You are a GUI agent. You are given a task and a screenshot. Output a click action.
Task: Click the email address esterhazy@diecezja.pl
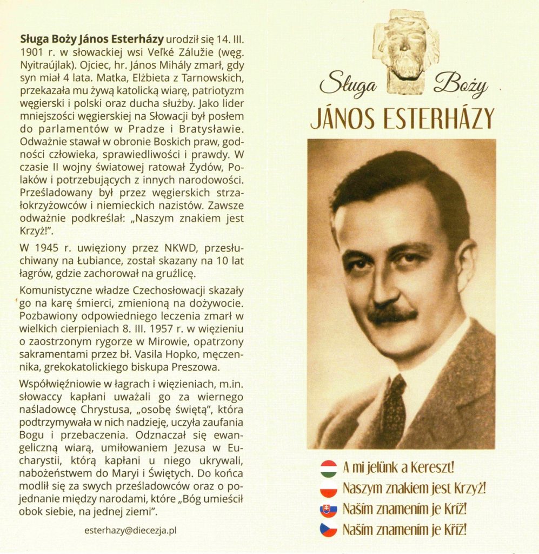[x=131, y=530]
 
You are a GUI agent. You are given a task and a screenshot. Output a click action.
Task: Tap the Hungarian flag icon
[x=329, y=468]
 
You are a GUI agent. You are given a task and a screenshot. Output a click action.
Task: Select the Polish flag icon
[x=329, y=489]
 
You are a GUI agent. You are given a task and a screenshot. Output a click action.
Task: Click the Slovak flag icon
[x=329, y=509]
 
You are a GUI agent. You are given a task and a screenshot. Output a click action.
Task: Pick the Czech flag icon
[x=329, y=530]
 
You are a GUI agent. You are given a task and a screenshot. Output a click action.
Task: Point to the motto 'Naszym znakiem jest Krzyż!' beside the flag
[x=414, y=489]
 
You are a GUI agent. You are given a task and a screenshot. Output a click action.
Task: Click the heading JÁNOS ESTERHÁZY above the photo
[x=402, y=118]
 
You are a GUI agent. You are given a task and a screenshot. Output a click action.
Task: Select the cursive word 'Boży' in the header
[x=460, y=84]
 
